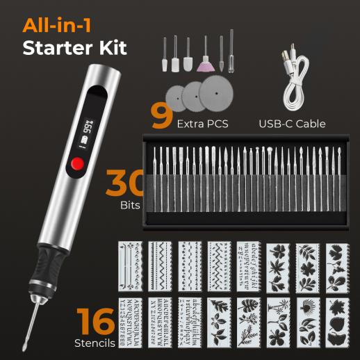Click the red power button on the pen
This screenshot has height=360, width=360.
click(77, 163)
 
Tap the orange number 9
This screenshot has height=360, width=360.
click(162, 116)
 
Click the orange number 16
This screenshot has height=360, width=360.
click(96, 321)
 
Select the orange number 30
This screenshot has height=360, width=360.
click(125, 183)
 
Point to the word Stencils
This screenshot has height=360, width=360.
click(95, 343)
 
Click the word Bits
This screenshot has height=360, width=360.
click(130, 205)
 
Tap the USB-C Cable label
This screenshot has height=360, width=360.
click(292, 124)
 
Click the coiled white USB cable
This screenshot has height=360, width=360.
click(294, 79)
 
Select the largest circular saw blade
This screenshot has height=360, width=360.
click(216, 93)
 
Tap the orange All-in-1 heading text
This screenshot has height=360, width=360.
click(57, 25)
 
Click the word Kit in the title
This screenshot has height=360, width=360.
click(113, 48)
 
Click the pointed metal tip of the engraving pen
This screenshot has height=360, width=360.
click(24, 349)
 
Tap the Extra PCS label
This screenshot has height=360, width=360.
click(203, 124)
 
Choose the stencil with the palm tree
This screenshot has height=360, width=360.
click(278, 322)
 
